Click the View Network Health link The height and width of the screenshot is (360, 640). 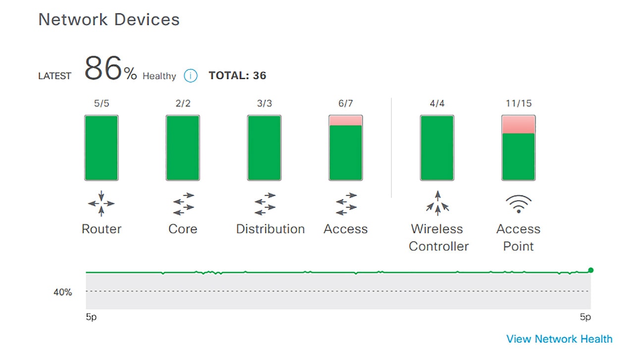559,339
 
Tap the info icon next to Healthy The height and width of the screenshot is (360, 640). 191,76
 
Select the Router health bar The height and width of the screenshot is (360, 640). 102,148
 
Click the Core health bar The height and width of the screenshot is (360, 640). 183,148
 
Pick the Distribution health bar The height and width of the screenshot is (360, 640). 264,148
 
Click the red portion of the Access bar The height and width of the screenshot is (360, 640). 346,120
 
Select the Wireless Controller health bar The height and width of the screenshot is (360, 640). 437,148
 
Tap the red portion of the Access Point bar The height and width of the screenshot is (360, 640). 518,124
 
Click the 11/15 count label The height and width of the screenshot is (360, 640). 518,103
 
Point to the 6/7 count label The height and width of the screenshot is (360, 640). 346,103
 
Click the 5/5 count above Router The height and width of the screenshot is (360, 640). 102,103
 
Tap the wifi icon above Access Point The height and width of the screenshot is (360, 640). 518,204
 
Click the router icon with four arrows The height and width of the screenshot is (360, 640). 102,204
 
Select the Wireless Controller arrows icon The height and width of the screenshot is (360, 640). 437,204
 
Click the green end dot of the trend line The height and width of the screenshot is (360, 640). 590,270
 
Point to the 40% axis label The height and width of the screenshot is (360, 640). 63,292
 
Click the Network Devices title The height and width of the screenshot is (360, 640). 109,20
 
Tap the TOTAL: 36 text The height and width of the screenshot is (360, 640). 237,76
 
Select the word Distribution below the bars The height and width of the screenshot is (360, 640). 270,229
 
